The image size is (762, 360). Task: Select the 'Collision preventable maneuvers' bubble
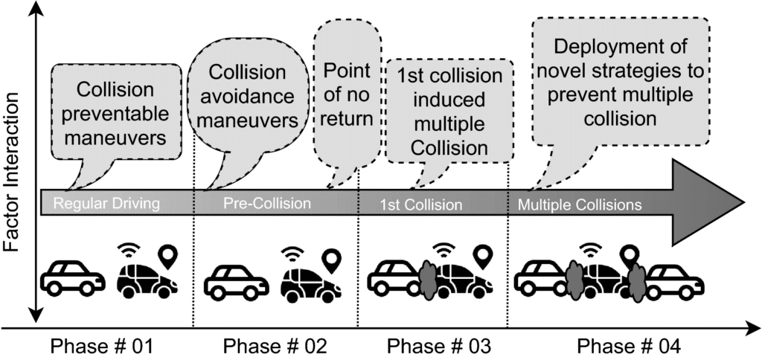pyautogui.click(x=117, y=112)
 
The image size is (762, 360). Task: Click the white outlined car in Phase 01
pyautogui.click(x=72, y=277)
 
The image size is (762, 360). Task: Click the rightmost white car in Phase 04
pyautogui.click(x=675, y=281)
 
